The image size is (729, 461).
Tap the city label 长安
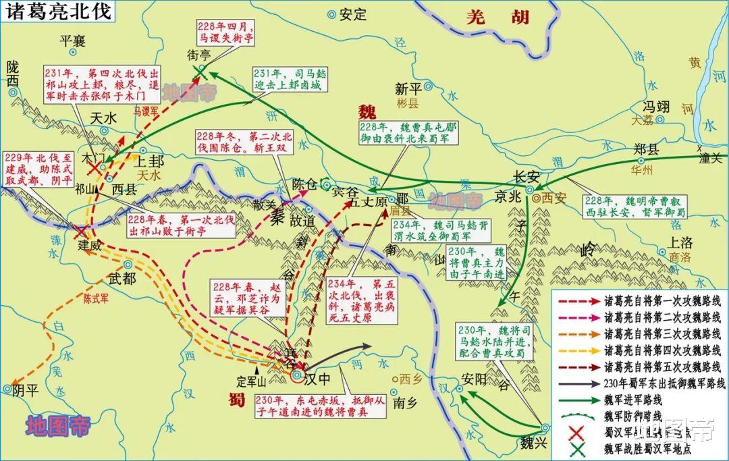527,177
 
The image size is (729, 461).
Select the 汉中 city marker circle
297,375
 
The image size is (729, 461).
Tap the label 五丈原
367,202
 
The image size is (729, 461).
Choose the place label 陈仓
305,183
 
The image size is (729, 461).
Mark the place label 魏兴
530,443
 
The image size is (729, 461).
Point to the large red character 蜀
236,398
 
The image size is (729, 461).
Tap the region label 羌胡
498,18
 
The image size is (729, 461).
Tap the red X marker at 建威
80,232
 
